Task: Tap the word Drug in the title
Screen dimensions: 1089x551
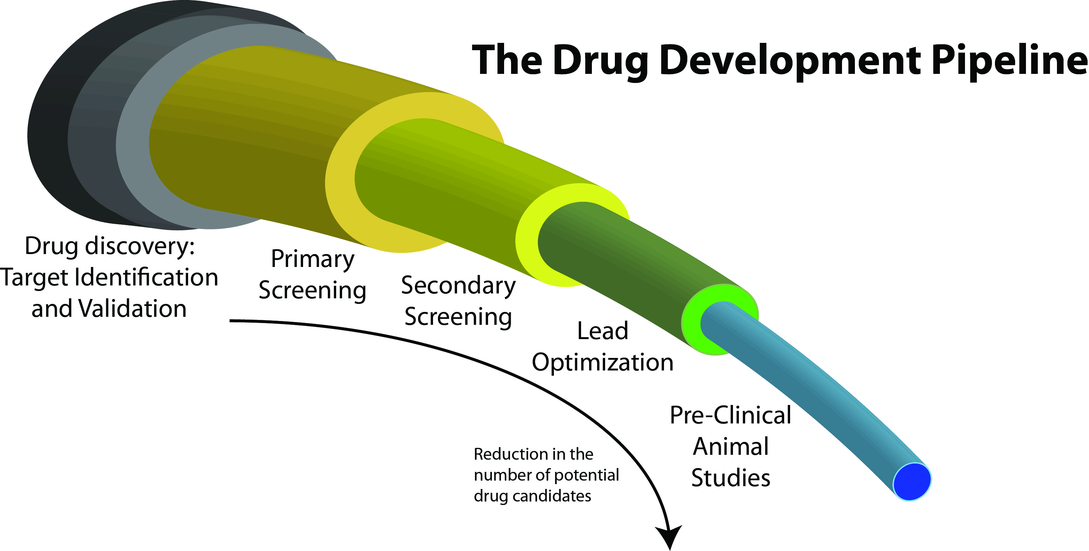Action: point(600,61)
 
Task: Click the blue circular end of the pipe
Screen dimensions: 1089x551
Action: point(912,482)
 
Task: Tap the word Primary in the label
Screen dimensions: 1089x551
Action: point(312,259)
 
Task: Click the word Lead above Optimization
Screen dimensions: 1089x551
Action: point(602,331)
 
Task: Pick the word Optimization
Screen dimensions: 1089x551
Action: point(602,362)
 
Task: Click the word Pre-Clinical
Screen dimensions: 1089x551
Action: point(731,415)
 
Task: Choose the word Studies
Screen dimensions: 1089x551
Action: point(731,478)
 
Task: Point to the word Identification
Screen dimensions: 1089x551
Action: point(146,277)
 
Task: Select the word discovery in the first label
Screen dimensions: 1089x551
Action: point(139,246)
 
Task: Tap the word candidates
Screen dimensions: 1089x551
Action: point(552,496)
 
